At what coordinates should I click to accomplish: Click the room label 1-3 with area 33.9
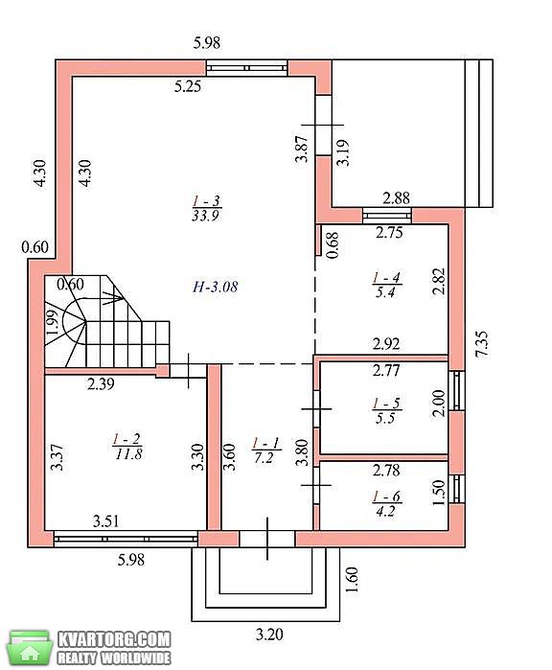click(x=206, y=208)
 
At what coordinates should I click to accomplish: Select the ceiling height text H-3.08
click(x=215, y=287)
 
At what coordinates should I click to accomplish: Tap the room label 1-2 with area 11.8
click(x=128, y=446)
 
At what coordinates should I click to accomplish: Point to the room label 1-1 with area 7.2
click(x=264, y=450)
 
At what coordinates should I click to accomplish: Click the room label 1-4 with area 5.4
click(x=386, y=285)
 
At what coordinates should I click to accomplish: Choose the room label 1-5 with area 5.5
click(x=386, y=410)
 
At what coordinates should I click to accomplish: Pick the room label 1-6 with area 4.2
click(x=386, y=503)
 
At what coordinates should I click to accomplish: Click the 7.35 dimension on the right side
click(x=481, y=344)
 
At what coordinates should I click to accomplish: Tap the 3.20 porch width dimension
click(x=269, y=635)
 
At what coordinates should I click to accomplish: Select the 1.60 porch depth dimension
click(x=352, y=580)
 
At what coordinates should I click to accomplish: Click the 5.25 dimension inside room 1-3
click(x=188, y=86)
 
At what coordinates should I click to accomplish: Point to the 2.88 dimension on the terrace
click(x=396, y=197)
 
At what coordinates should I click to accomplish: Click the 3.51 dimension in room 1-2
click(x=106, y=521)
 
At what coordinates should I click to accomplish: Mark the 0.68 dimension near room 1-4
click(x=333, y=244)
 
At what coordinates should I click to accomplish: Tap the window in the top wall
click(x=246, y=68)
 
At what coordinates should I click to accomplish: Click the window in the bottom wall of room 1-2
click(x=126, y=539)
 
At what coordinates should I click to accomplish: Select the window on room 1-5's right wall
click(x=457, y=390)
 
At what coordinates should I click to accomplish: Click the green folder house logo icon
click(x=29, y=648)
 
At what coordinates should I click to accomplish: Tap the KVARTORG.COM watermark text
click(x=114, y=639)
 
